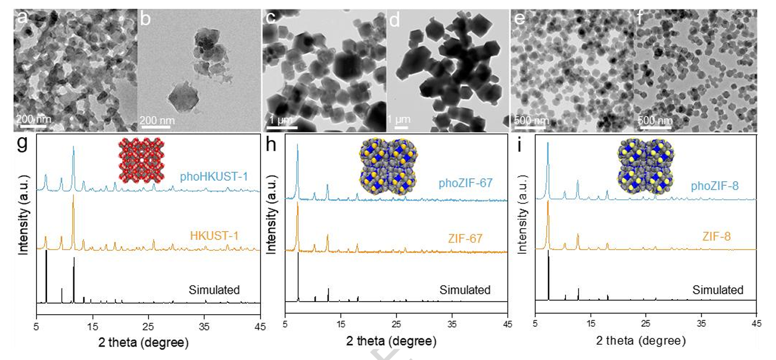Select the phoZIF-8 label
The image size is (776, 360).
[713, 186]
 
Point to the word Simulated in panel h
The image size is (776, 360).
[465, 290]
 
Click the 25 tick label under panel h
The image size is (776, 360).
[397, 323]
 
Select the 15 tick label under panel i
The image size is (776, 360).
[591, 323]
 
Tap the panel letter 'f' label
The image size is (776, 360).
[642, 18]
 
